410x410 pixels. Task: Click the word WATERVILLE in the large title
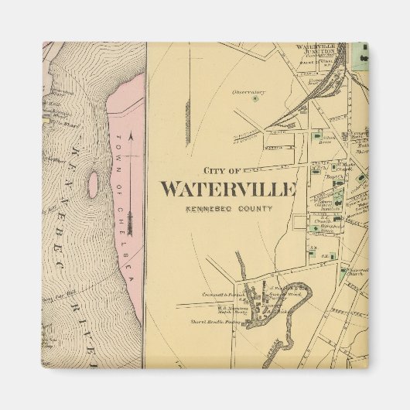pyautogui.click(x=228, y=190)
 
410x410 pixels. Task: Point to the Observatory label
pyautogui.click(x=248, y=91)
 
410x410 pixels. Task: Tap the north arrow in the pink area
pyautogui.click(x=131, y=182)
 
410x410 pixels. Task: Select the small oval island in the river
pyautogui.click(x=94, y=184)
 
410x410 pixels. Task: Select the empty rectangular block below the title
pyautogui.click(x=299, y=224)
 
